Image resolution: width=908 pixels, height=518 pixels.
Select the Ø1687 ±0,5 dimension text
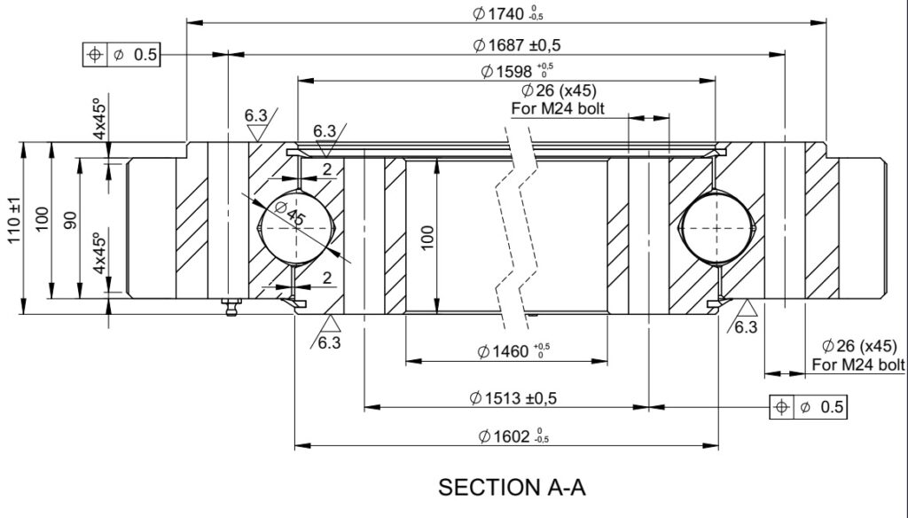tap(517, 44)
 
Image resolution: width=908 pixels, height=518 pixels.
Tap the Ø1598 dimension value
tap(517, 71)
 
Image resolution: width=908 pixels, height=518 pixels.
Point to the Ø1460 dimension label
tap(513, 350)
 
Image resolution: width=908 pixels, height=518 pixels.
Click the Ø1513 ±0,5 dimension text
tap(513, 398)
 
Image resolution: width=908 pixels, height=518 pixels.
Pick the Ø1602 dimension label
tap(513, 436)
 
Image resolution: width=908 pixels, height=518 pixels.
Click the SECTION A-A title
tap(512, 487)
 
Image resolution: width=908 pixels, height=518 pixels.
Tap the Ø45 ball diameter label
tap(290, 213)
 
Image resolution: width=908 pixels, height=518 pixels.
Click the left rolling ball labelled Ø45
tap(296, 228)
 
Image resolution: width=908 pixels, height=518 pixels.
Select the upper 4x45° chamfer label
tap(99, 119)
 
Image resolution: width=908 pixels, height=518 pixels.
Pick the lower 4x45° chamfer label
tap(99, 253)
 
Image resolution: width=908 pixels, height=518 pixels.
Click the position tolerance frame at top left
tap(121, 54)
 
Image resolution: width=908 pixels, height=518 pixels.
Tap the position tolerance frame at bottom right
tap(808, 407)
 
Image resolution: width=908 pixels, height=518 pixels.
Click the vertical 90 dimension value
tap(70, 220)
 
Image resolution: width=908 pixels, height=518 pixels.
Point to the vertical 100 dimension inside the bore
tap(427, 238)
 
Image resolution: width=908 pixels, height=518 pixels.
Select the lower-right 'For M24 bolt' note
tap(858, 365)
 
